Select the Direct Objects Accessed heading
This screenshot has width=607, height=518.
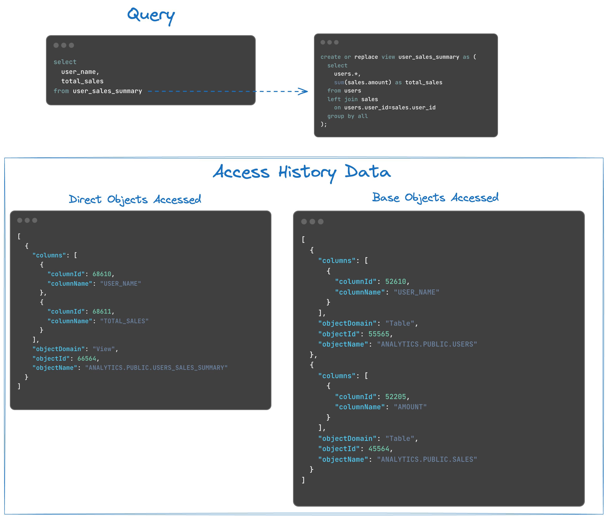[135, 200]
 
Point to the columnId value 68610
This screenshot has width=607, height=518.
[102, 274]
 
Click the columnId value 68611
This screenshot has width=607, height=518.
[102, 311]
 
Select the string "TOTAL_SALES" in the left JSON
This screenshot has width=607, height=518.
[124, 321]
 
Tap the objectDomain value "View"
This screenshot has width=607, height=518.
[104, 349]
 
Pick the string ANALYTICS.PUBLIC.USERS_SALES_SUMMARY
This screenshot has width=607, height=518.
[156, 368]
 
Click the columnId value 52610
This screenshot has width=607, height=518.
[395, 282]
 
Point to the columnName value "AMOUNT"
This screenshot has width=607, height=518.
[410, 407]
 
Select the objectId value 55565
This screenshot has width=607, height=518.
[379, 334]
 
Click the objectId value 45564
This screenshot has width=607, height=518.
[379, 449]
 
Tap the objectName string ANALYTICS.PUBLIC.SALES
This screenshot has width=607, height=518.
[427, 459]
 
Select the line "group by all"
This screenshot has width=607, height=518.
[347, 116]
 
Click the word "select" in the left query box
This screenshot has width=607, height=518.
[65, 62]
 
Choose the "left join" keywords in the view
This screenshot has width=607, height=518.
[342, 99]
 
